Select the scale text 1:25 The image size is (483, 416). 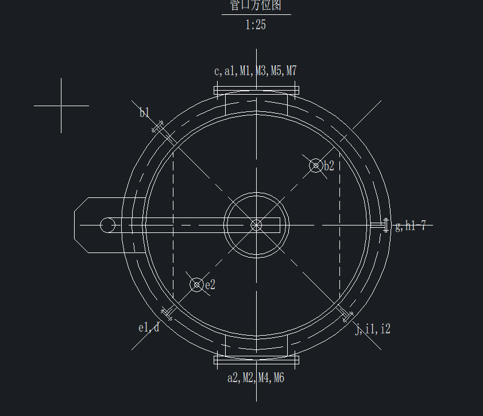click(x=256, y=25)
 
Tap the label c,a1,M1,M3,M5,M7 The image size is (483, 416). click(x=256, y=71)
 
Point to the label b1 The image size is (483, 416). click(x=144, y=112)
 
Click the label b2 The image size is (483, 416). click(x=329, y=166)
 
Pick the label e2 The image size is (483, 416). click(x=210, y=285)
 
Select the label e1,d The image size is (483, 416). click(x=149, y=328)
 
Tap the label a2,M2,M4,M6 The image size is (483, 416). click(x=256, y=378)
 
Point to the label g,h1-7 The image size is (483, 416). click(x=410, y=226)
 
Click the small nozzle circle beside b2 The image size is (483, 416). click(x=315, y=166)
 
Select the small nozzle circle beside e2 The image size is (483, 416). click(x=197, y=284)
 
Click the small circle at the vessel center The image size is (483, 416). click(x=256, y=225)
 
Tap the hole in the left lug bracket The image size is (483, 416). click(x=107, y=225)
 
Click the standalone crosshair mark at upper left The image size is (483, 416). click(x=61, y=106)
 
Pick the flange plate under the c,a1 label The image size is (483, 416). click(x=256, y=90)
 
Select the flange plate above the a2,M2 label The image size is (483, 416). click(x=256, y=360)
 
